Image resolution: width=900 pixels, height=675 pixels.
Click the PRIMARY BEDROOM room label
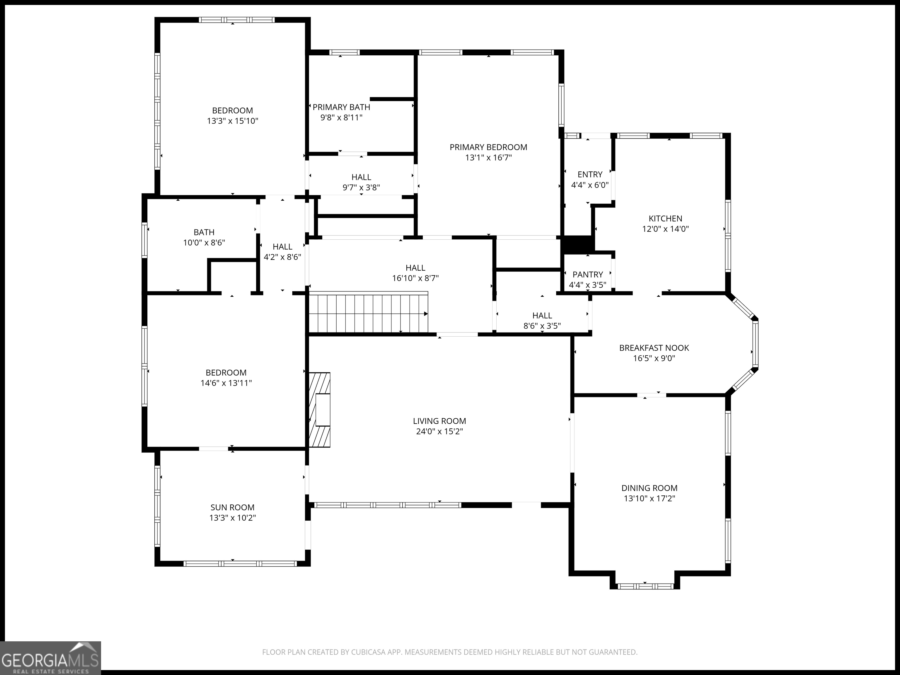pyautogui.click(x=488, y=147)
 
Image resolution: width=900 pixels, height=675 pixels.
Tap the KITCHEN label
pyautogui.click(x=665, y=219)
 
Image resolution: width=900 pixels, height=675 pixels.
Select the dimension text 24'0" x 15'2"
pyautogui.click(x=439, y=431)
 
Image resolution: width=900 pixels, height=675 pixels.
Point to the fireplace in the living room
pyautogui.click(x=319, y=410)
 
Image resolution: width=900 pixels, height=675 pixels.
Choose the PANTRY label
pyautogui.click(x=587, y=275)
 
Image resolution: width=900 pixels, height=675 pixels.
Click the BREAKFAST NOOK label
pyautogui.click(x=654, y=348)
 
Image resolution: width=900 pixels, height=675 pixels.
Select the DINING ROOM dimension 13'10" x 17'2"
pyautogui.click(x=650, y=498)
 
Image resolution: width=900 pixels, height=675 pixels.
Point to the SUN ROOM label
pyautogui.click(x=232, y=507)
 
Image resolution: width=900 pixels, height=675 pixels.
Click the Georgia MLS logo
pyautogui.click(x=50, y=658)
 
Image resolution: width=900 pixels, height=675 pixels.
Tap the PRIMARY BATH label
pyautogui.click(x=341, y=107)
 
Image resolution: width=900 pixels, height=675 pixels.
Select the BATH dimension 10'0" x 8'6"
pyautogui.click(x=204, y=243)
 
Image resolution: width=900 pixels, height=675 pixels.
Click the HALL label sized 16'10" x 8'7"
pyautogui.click(x=415, y=268)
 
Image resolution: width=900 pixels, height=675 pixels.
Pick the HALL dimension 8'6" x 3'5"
pyautogui.click(x=542, y=326)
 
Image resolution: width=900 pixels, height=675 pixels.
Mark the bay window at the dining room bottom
pyautogui.click(x=645, y=586)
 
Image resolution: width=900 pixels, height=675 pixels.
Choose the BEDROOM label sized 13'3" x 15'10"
pyautogui.click(x=232, y=110)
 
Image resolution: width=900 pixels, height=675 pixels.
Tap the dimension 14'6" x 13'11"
pyautogui.click(x=226, y=383)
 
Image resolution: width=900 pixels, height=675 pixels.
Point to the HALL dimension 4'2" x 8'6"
pyautogui.click(x=282, y=257)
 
